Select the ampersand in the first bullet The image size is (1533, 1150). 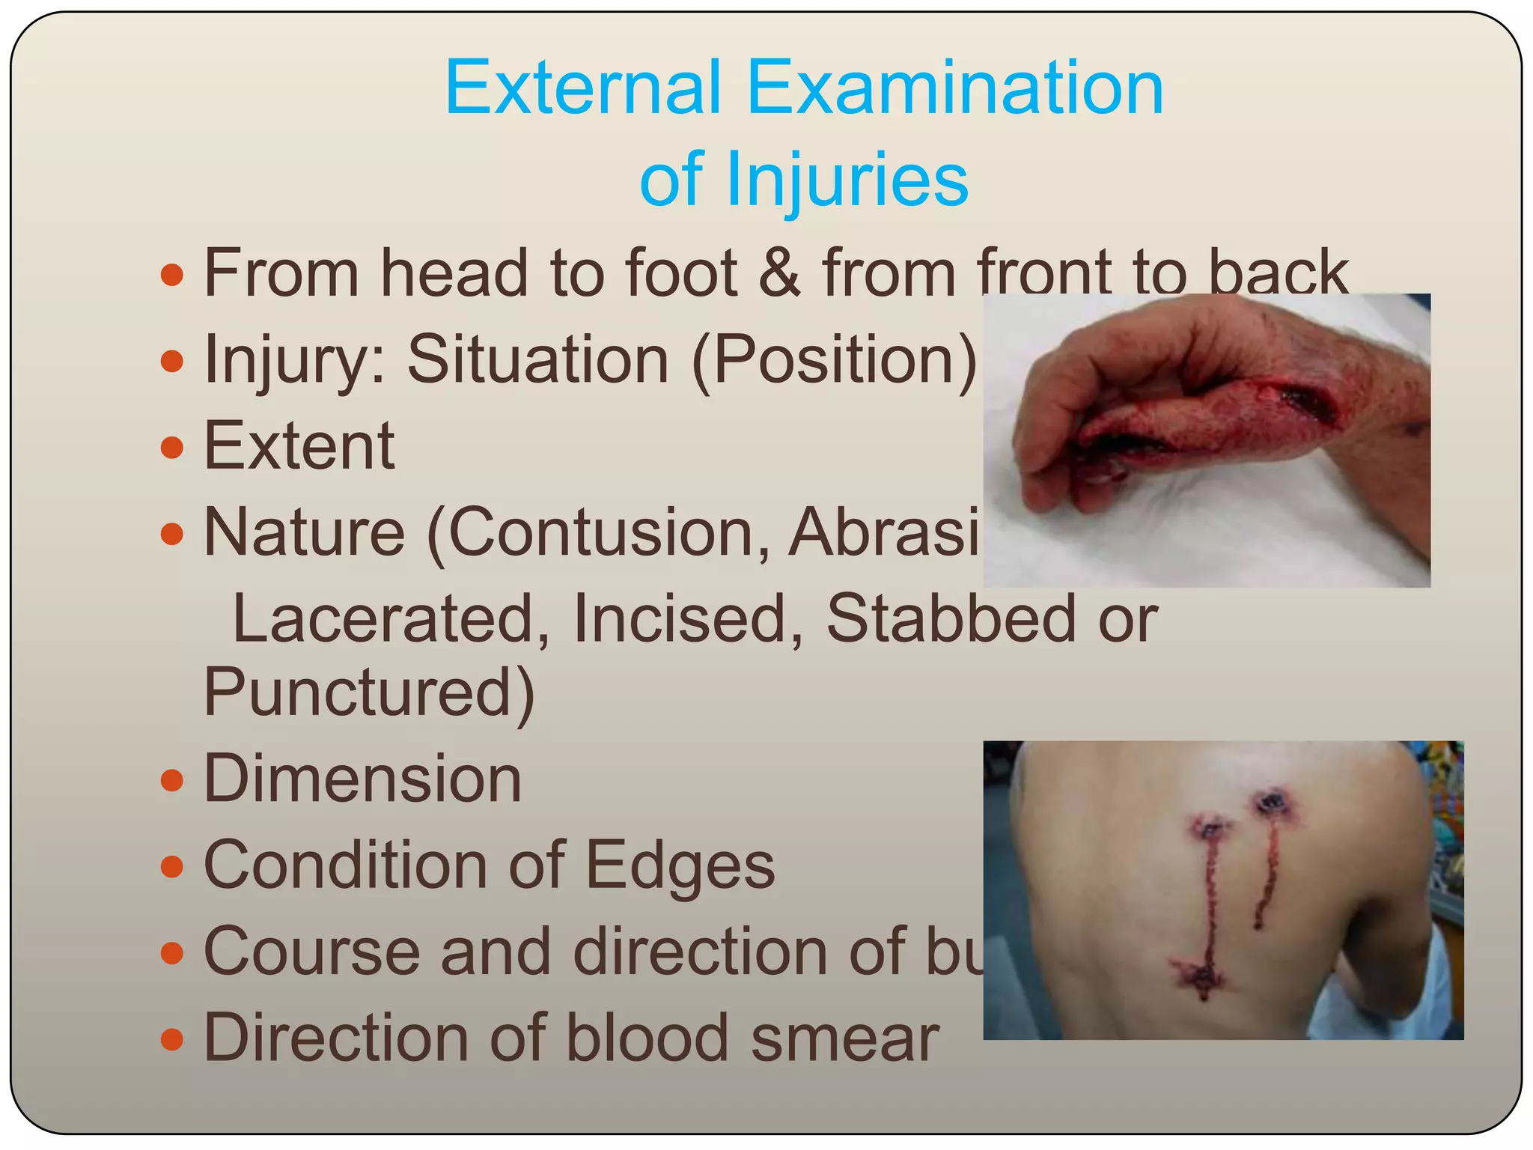pyautogui.click(x=779, y=273)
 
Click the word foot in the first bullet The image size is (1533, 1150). pyautogui.click(x=681, y=273)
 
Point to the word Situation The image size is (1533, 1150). pyautogui.click(x=537, y=359)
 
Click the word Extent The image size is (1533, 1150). pyautogui.click(x=299, y=446)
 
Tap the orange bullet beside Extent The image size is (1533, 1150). pyautogui.click(x=172, y=448)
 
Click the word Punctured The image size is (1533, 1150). pyautogui.click(x=368, y=692)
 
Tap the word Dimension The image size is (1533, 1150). pyautogui.click(x=362, y=779)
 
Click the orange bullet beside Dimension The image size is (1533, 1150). pyautogui.click(x=172, y=780)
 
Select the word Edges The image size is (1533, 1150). pyautogui.click(x=680, y=865)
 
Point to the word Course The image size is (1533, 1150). pyautogui.click(x=311, y=952)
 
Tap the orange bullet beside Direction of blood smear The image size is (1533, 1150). pyautogui.click(x=172, y=1039)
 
